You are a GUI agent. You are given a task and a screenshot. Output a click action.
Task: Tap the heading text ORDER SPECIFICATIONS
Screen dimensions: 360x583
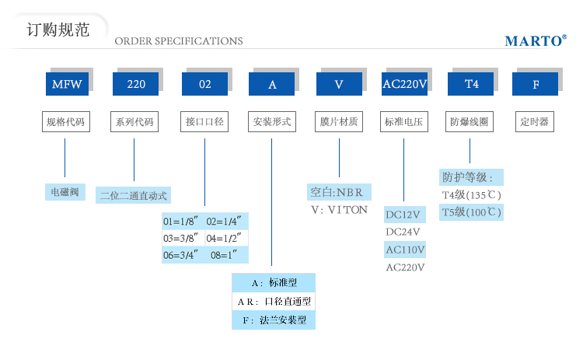point(179,41)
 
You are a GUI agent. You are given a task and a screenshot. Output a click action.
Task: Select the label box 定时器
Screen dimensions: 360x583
point(535,122)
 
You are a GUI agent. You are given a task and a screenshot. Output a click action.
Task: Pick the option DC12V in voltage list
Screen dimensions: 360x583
point(403,215)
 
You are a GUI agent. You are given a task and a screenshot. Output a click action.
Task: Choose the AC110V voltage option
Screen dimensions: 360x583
point(405,250)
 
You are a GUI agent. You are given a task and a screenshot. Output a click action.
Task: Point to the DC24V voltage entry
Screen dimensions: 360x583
point(403,232)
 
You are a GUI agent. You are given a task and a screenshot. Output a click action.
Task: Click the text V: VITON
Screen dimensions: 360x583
point(339,210)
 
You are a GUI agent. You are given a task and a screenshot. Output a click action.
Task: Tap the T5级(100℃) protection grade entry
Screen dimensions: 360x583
point(471,212)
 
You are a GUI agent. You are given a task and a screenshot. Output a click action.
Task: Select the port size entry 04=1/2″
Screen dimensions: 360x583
point(227,237)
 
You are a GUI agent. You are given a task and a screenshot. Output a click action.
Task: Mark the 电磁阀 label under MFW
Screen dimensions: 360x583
point(65,192)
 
